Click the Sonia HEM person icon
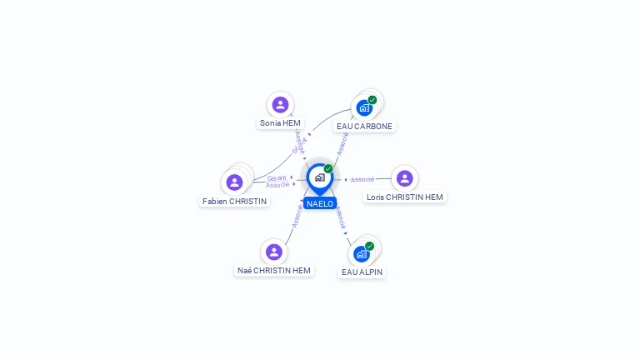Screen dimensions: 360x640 tap(280, 105)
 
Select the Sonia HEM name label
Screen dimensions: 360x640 tap(280, 123)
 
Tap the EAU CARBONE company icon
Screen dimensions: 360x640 tap(363, 108)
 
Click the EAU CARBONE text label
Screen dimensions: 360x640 tap(364, 127)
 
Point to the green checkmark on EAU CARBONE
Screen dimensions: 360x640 tap(372, 100)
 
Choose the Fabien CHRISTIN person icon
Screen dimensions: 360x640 tap(234, 182)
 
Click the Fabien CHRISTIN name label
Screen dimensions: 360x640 tap(234, 201)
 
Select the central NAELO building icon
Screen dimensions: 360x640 tap(319, 177)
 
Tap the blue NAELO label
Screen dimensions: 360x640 tap(320, 203)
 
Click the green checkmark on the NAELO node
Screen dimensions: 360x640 tap(328, 169)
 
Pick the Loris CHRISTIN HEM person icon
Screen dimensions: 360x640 tap(405, 178)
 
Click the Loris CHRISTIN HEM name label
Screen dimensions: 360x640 tap(405, 197)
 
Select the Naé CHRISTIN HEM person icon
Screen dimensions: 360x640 tap(274, 252)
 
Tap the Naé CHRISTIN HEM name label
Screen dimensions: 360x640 tap(274, 270)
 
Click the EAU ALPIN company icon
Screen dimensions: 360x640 tap(361, 253)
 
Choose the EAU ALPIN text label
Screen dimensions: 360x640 tap(362, 272)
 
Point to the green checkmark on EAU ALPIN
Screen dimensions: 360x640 tap(369, 246)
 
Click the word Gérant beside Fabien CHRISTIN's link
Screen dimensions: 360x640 tap(277, 177)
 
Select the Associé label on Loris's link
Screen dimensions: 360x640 tap(362, 179)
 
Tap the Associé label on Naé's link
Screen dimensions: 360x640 tap(297, 214)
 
